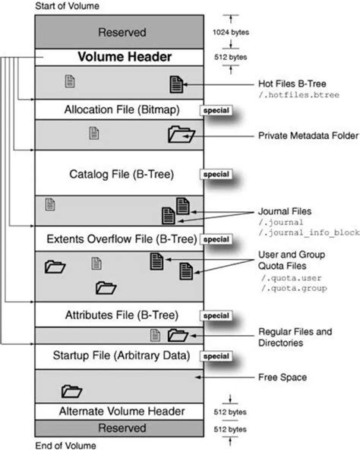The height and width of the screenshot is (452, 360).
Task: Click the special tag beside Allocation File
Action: pos(216,110)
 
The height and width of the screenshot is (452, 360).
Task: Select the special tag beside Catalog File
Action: pos(216,174)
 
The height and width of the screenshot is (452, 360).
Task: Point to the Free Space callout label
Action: pos(282,376)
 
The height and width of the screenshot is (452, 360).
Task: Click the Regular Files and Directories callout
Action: pos(296,337)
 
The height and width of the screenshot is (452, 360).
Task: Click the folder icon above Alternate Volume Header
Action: pos(71,391)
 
